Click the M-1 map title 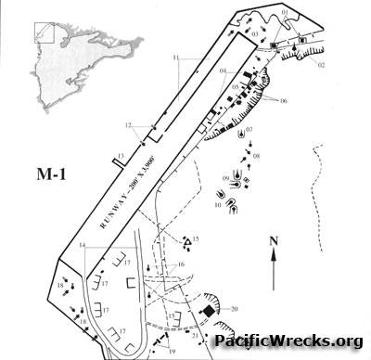click(35, 175)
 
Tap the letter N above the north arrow click(275, 242)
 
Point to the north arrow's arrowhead click(275, 258)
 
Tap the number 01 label click(285, 12)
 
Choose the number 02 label click(322, 65)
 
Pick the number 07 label click(249, 128)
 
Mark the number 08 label click(256, 155)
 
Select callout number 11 click(176, 58)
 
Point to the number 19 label click(172, 352)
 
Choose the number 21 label click(195, 335)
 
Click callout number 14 click(83, 246)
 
